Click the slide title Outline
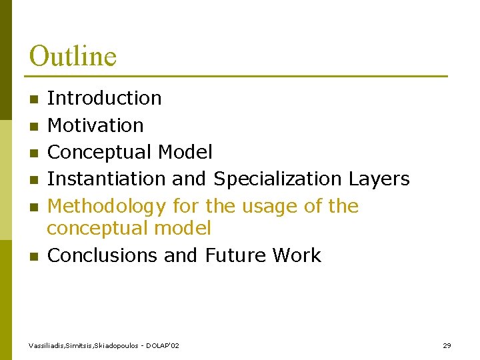pyautogui.click(x=73, y=56)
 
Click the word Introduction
pyautogui.click(x=105, y=98)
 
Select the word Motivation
pyautogui.click(x=95, y=125)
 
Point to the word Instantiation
pyautogui.click(x=107, y=179)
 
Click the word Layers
pyautogui.click(x=379, y=179)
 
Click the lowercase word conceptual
pyautogui.click(x=97, y=229)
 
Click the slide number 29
pyautogui.click(x=447, y=345)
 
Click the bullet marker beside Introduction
pyautogui.click(x=34, y=99)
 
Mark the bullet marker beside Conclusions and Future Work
pyautogui.click(x=34, y=257)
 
